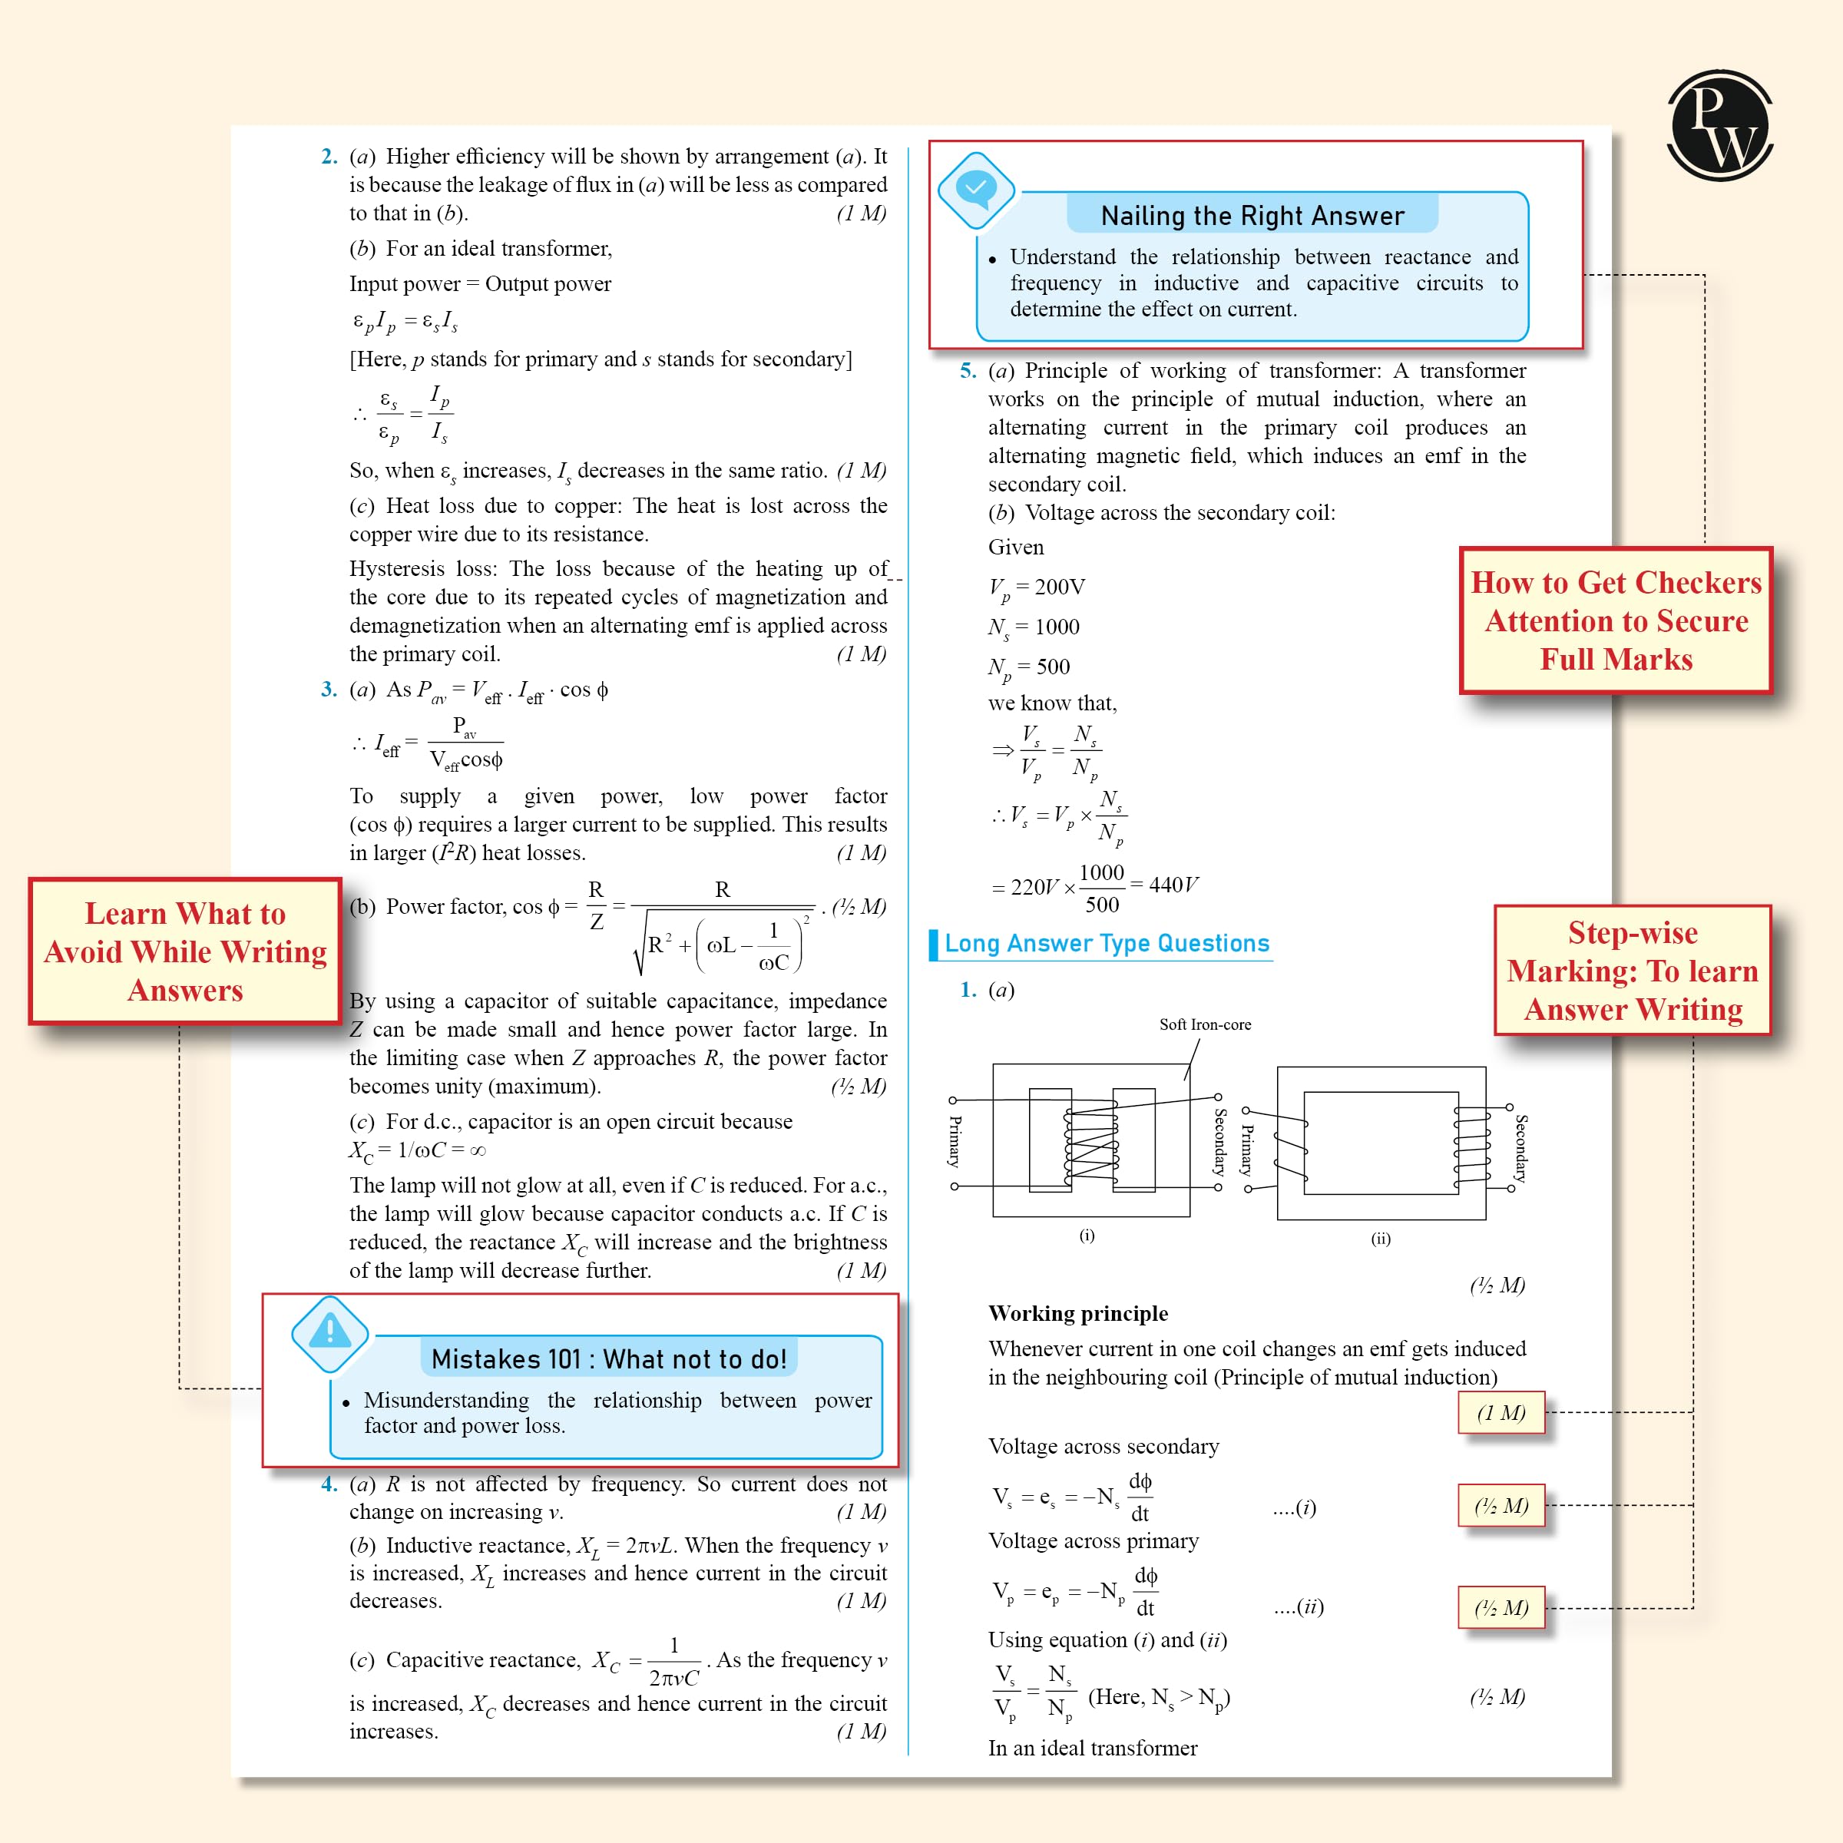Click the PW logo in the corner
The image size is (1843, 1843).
1719,125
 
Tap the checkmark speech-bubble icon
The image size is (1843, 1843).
976,189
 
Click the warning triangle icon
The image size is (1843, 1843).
329,1332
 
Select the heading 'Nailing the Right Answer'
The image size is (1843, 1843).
1252,216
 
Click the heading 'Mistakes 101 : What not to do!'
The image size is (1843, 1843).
609,1358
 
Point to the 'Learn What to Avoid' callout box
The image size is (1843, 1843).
185,951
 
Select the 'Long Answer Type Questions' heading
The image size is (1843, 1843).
1107,944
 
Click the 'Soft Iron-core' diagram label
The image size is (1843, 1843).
1205,1024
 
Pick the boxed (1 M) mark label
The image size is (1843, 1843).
1501,1413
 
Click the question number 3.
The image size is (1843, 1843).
329,690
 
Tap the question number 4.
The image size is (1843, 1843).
329,1484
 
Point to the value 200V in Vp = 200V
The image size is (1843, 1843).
1060,587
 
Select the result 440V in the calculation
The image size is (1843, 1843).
1173,885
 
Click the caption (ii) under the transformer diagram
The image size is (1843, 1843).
1381,1238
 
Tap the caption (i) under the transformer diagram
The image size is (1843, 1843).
1087,1236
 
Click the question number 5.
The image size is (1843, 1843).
968,371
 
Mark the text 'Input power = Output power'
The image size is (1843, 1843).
480,284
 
